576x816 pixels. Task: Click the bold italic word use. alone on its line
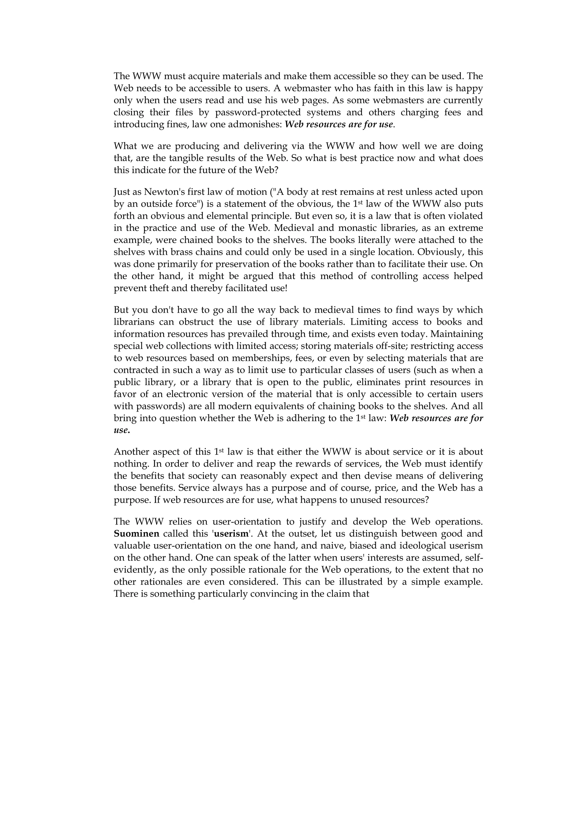(x=122, y=430)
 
